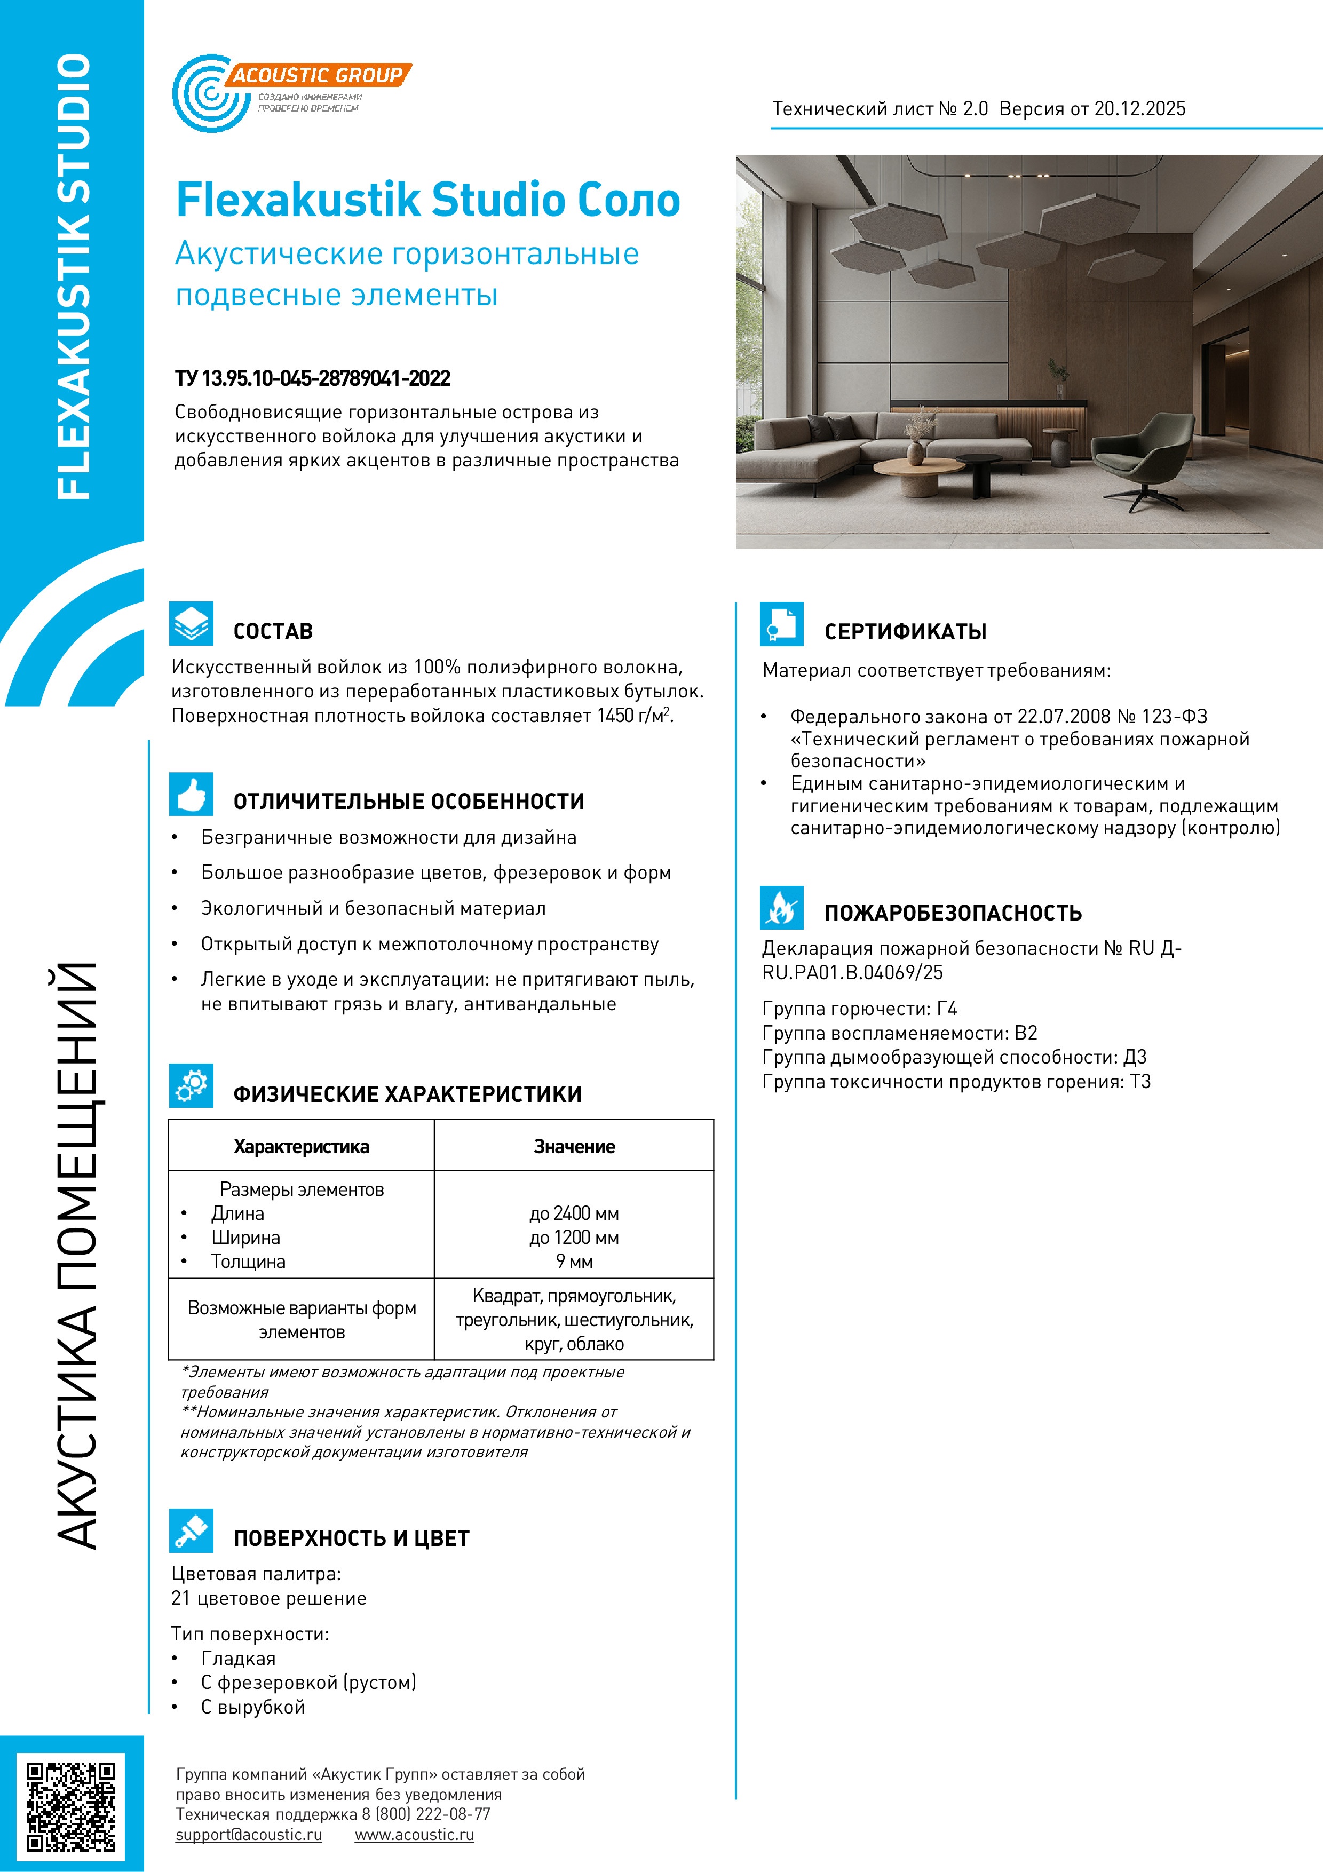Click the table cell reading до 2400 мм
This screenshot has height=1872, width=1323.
click(574, 1213)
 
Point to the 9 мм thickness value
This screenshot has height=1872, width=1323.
click(574, 1262)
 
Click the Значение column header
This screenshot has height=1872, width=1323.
click(574, 1146)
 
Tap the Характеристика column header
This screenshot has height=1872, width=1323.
click(302, 1146)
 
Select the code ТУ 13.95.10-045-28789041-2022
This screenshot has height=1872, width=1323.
click(312, 378)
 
